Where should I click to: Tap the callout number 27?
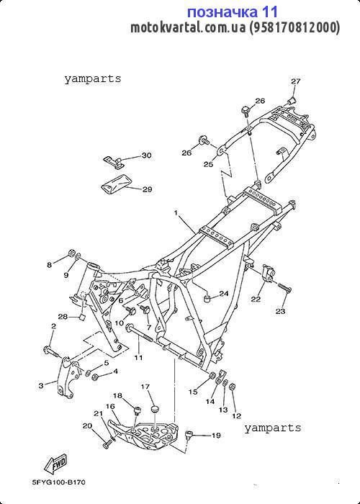pyautogui.click(x=296, y=81)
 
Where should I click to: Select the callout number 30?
pyautogui.click(x=146, y=156)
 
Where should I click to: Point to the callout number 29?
pyautogui.click(x=147, y=189)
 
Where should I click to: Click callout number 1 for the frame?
pyautogui.click(x=176, y=213)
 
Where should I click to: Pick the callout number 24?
pyautogui.click(x=224, y=294)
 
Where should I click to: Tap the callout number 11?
pyautogui.click(x=138, y=357)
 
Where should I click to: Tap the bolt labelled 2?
pyautogui.click(x=51, y=351)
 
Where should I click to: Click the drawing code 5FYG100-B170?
pyautogui.click(x=59, y=482)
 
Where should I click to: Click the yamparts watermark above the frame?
pyautogui.click(x=93, y=78)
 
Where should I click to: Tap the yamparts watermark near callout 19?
pyautogui.click(x=273, y=428)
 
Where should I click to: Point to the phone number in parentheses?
pyautogui.click(x=294, y=27)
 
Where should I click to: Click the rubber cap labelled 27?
pyautogui.click(x=292, y=100)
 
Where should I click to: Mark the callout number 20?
pyautogui.click(x=87, y=426)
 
